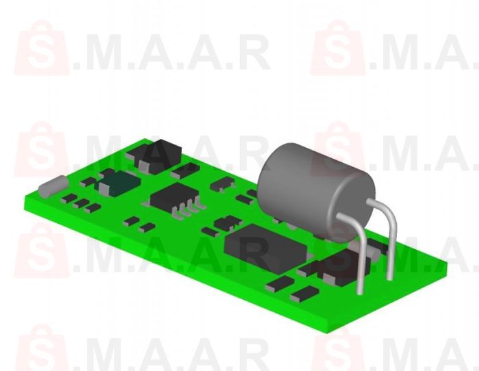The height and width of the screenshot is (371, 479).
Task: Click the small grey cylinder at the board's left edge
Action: click(x=52, y=186)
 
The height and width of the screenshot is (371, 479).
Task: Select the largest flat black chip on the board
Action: click(x=263, y=246)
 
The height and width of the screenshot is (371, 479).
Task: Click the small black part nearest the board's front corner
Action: click(x=305, y=294)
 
